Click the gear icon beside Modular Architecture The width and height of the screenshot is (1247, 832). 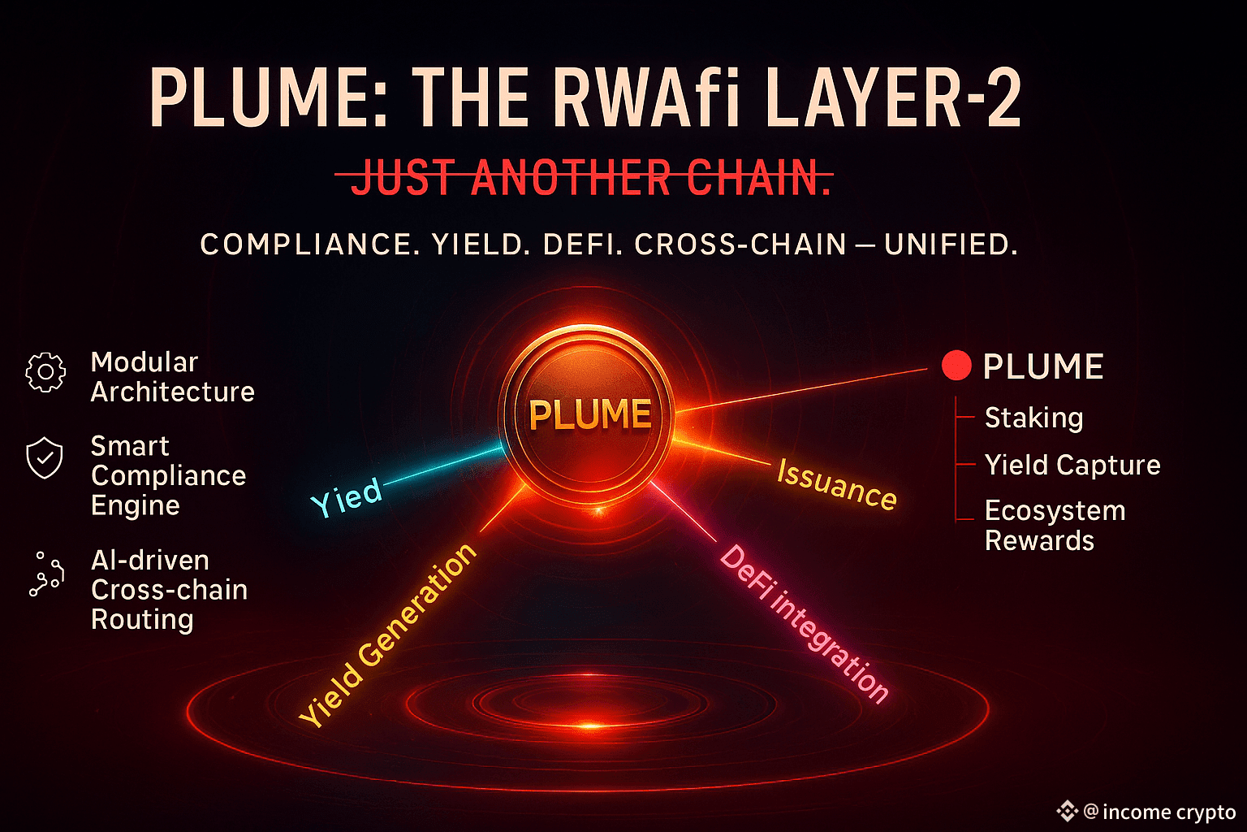pyautogui.click(x=45, y=373)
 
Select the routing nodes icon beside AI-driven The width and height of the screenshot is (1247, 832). pyautogui.click(x=46, y=574)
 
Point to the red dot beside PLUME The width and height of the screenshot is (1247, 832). pyautogui.click(x=956, y=366)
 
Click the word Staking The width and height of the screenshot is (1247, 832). pyautogui.click(x=1033, y=418)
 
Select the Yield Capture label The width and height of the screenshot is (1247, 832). pyautogui.click(x=1072, y=465)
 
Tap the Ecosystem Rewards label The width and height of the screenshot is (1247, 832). pyautogui.click(x=1055, y=526)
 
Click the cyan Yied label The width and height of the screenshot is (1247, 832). pyautogui.click(x=347, y=496)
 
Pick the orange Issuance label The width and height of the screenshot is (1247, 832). pyautogui.click(x=837, y=485)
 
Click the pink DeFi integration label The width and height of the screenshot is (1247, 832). pyautogui.click(x=805, y=622)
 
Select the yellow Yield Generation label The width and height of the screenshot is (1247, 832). pyautogui.click(x=388, y=635)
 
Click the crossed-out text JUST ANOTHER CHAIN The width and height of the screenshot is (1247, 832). pyautogui.click(x=591, y=178)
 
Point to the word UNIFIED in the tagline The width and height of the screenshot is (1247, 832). pyautogui.click(x=950, y=245)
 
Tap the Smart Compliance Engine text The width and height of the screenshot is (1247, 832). pyautogui.click(x=168, y=475)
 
